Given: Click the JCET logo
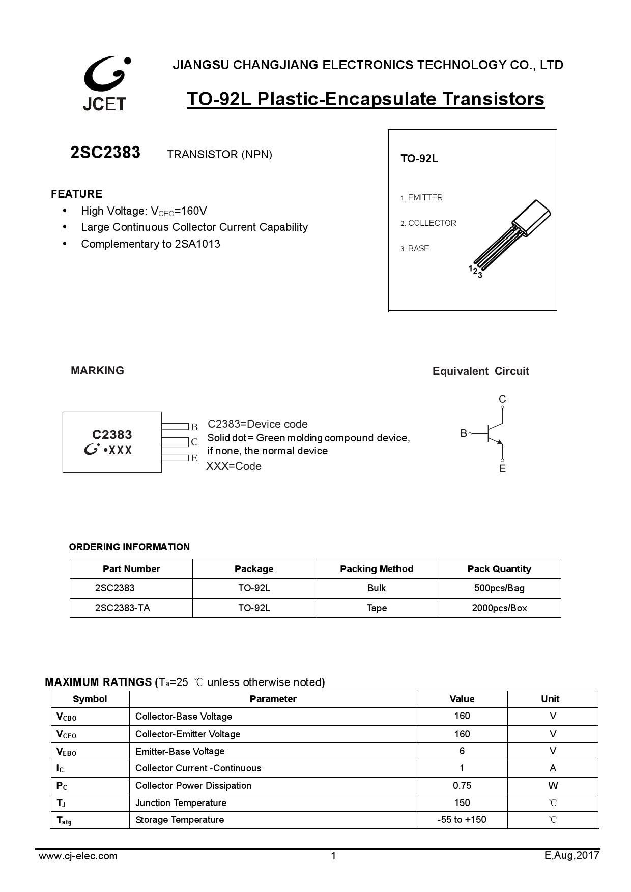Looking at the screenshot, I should [105, 83].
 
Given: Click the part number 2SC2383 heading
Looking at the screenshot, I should [105, 153].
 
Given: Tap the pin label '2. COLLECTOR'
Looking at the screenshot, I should [428, 223].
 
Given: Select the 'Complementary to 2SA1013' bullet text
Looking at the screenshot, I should [151, 244].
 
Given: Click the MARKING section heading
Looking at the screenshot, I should [97, 371].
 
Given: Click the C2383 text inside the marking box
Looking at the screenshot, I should [112, 435].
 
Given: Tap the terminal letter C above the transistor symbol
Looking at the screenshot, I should [502, 399].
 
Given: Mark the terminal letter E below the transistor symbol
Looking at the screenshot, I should [502, 469].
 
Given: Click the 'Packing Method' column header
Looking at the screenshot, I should [377, 569].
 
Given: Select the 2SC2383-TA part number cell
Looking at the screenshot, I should [123, 608].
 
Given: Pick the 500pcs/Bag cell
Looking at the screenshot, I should [499, 588].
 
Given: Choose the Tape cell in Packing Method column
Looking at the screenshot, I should [377, 608].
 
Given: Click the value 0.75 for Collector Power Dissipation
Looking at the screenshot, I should [462, 786].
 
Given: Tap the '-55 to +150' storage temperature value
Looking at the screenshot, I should [462, 820].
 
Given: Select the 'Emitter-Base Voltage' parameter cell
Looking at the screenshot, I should [180, 752].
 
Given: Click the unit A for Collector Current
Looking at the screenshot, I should [553, 768].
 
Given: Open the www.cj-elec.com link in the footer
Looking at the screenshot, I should [78, 856].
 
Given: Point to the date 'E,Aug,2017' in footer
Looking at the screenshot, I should [572, 856].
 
